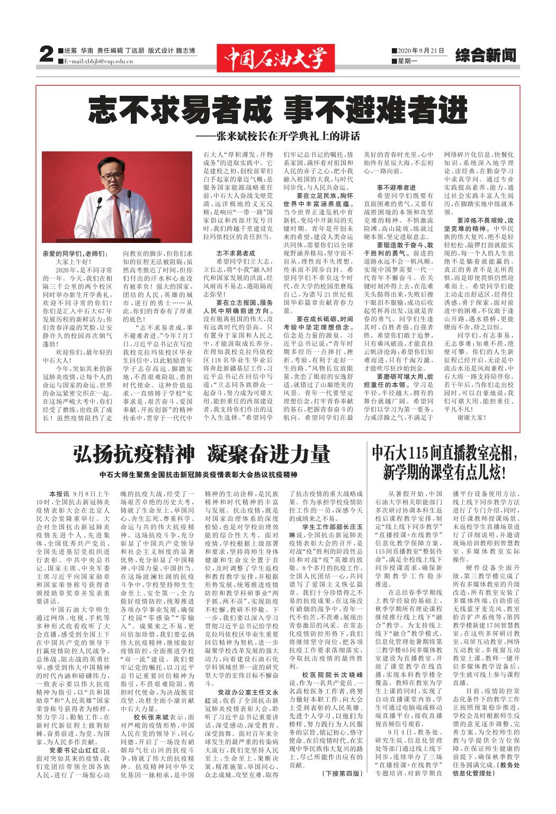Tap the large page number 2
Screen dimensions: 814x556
(47, 55)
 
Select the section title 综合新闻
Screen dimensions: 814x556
(485, 56)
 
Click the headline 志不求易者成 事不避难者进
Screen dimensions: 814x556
(277, 110)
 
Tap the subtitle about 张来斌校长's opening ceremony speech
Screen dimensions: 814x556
(277, 136)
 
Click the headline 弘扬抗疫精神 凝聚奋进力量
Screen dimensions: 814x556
(201, 454)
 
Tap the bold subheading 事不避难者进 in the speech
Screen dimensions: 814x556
(396, 187)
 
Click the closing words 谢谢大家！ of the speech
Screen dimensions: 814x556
(472, 418)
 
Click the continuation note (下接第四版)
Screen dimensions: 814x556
(342, 773)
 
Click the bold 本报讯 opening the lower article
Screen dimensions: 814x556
(59, 493)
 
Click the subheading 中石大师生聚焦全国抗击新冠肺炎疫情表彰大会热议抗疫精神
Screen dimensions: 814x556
(198, 475)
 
